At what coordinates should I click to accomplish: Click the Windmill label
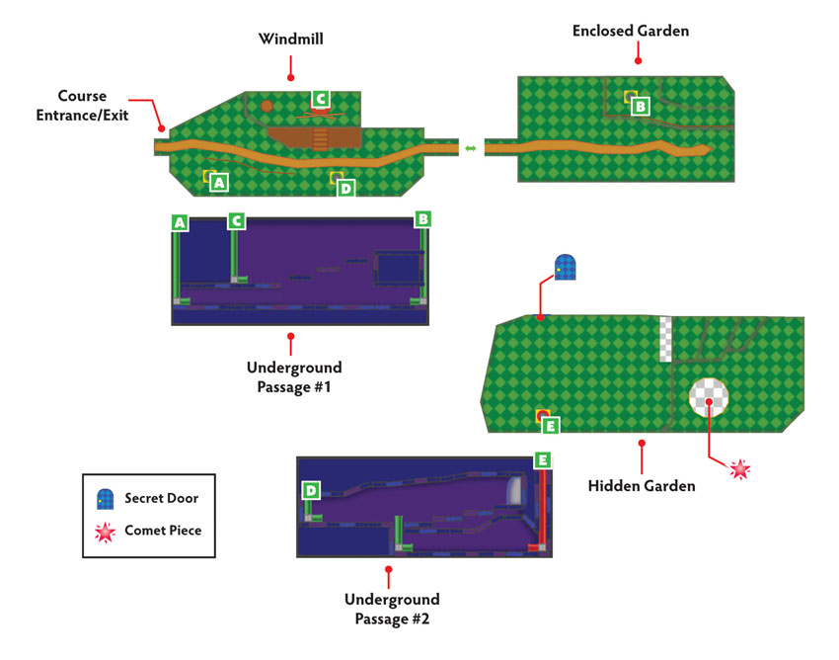pos(290,40)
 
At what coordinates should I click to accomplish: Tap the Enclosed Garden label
pos(631,31)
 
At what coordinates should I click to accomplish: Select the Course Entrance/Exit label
pos(82,106)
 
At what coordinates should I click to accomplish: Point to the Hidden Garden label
pos(642,486)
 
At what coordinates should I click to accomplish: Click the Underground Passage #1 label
pos(294,377)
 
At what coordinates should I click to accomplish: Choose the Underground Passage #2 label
pos(392,609)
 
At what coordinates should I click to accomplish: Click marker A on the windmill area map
pos(218,183)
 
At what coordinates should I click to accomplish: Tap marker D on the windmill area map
pos(345,188)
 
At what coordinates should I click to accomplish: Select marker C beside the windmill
pos(321,99)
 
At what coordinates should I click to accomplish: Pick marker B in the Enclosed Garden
pos(640,106)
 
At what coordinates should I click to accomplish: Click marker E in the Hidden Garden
pos(551,426)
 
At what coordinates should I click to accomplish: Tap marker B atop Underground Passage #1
pos(422,219)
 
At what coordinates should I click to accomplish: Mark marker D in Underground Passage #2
pos(311,490)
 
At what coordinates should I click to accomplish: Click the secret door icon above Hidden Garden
pos(565,268)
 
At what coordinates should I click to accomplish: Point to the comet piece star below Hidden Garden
pos(740,469)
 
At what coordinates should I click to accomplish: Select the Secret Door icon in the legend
pos(105,499)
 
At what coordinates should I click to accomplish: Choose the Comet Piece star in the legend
pos(105,533)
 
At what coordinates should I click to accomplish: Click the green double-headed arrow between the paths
pos(470,148)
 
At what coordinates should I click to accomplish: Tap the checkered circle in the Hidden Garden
pos(709,397)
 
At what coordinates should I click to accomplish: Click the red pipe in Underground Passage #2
pos(542,509)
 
